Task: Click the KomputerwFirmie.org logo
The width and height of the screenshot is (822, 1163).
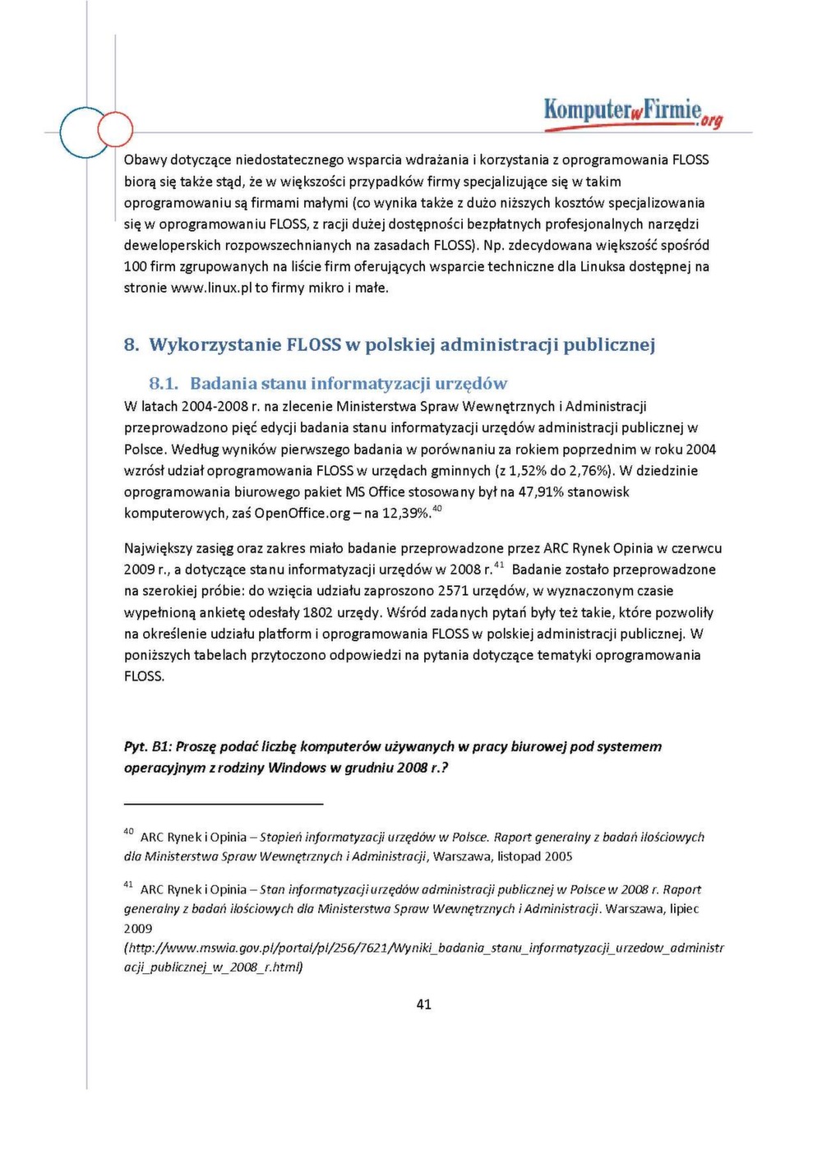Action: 633,113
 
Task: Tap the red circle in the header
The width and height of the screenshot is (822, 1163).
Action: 115,129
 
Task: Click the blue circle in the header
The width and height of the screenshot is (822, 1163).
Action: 83,132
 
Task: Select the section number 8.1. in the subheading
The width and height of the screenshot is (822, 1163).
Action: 164,383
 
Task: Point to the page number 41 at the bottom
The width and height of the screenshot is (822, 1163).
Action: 424,1004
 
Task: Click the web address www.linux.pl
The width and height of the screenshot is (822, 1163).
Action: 211,288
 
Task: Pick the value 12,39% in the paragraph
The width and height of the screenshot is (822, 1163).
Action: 406,513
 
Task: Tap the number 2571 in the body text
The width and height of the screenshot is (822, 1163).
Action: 454,590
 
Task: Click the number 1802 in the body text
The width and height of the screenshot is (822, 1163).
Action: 318,612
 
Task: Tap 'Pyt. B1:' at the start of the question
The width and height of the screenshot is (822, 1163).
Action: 147,746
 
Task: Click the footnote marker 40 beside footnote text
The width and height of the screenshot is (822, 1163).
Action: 128,832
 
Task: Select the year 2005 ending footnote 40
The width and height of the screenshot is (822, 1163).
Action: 556,856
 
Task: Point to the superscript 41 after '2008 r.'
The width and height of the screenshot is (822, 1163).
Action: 500,565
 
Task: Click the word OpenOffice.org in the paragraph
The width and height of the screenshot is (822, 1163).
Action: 302,513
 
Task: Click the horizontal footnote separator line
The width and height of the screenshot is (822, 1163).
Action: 224,804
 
